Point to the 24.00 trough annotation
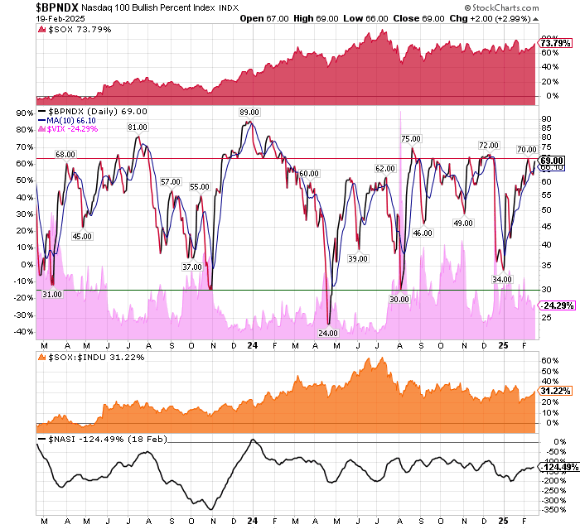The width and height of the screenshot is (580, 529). pos(329,333)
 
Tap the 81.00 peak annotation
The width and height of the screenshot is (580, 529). pos(138,127)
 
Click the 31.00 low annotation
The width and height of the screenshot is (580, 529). pos(51,294)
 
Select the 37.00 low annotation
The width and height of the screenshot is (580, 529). pos(192,267)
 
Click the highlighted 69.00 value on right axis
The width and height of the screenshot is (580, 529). pos(553,160)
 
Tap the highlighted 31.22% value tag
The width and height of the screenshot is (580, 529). pos(553,390)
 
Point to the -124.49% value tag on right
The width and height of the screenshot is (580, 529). pos(556,468)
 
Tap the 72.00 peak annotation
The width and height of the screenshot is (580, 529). pos(489,145)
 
